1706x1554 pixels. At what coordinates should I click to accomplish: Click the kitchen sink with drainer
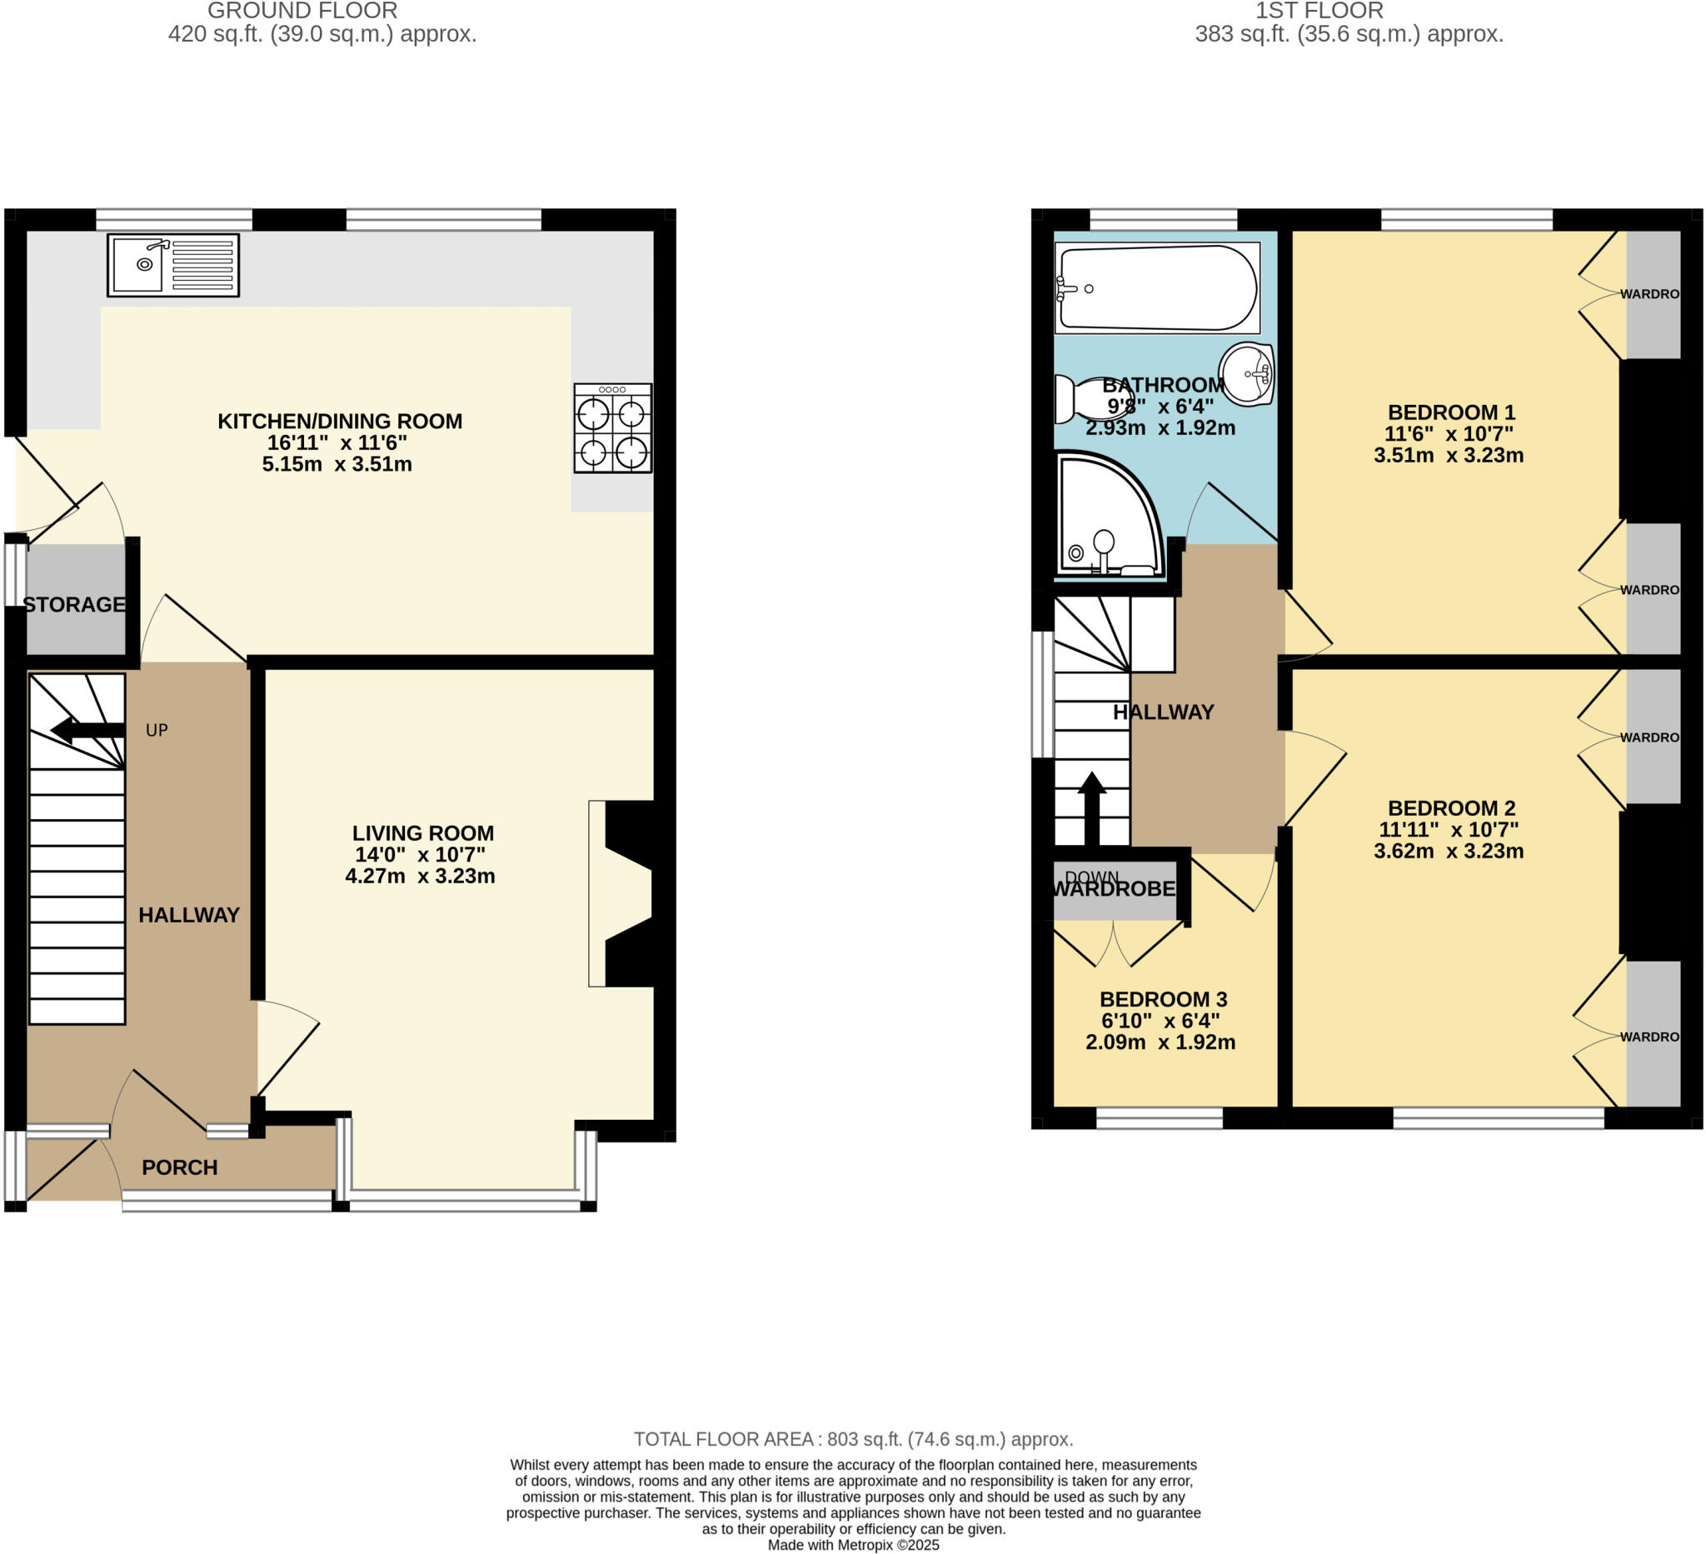(x=172, y=265)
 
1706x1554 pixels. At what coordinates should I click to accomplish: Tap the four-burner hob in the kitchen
(x=612, y=428)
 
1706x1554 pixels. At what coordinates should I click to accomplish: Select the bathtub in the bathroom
(x=1157, y=287)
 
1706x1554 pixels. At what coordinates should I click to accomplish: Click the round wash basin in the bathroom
(x=1246, y=373)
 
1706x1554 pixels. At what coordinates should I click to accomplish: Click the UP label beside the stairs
(x=157, y=730)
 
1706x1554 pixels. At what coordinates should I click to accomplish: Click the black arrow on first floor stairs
(x=1091, y=809)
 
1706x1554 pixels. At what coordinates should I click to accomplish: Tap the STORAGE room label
(x=74, y=604)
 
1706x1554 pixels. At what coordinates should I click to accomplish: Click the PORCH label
(x=179, y=1167)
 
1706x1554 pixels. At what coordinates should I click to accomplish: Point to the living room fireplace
(x=626, y=893)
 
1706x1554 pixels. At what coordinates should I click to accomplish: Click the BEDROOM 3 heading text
(x=1163, y=999)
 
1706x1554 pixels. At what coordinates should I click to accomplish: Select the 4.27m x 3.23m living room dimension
(x=420, y=876)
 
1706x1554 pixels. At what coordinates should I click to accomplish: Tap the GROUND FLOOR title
(x=302, y=11)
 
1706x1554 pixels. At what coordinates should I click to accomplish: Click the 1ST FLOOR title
(x=1319, y=11)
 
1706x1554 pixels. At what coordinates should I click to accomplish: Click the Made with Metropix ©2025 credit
(x=853, y=1545)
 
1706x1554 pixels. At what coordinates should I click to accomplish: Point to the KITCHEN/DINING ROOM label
(x=339, y=421)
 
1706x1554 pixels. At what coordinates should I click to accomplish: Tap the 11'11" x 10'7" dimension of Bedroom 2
(x=1448, y=829)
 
